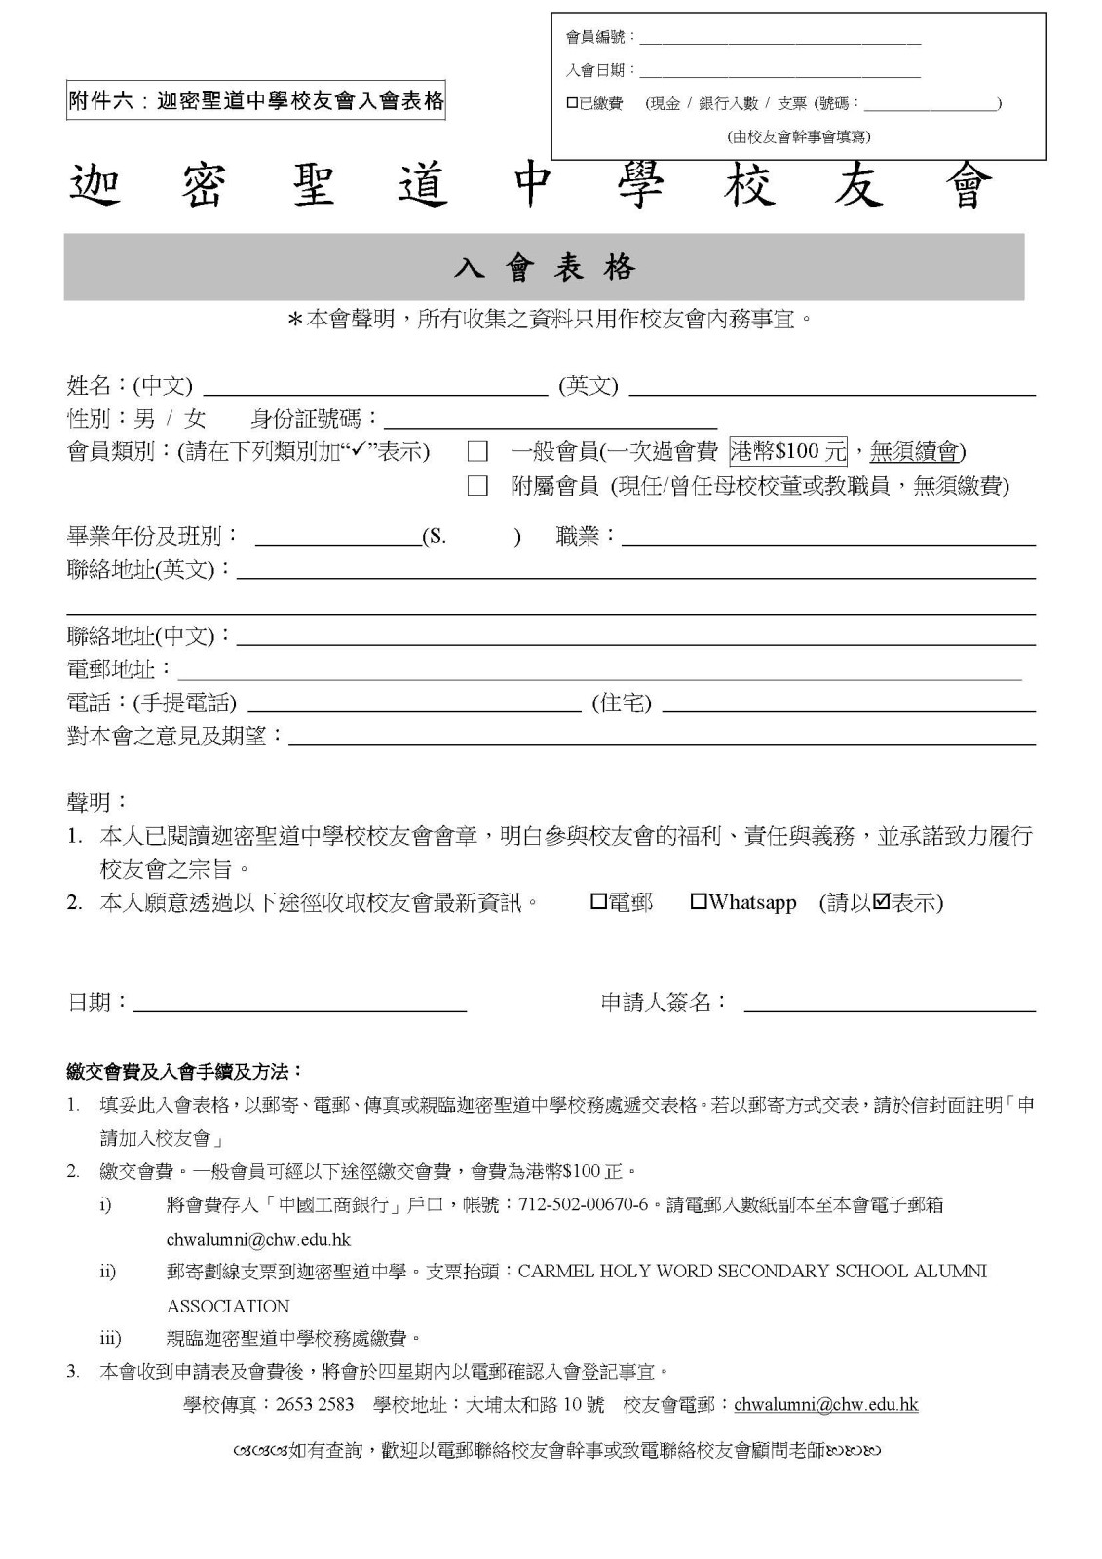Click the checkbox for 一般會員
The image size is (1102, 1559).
point(477,452)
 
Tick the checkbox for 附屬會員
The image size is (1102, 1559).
point(477,486)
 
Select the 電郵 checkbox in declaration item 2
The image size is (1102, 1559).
point(598,902)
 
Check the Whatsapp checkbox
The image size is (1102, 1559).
point(698,902)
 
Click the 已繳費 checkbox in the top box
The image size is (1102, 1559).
point(572,103)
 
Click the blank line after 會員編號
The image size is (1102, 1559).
point(779,40)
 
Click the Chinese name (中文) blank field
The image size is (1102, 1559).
point(374,388)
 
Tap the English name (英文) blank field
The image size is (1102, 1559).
point(832,388)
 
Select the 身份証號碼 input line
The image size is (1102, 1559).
point(551,421)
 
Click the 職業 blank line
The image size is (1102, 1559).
point(828,538)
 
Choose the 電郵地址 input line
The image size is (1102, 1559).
point(599,671)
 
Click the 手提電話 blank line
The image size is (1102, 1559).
point(414,704)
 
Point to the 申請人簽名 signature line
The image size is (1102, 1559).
point(890,1004)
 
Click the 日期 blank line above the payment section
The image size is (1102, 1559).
point(300,1004)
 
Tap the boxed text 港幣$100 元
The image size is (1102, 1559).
point(788,451)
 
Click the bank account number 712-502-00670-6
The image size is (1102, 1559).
point(584,1205)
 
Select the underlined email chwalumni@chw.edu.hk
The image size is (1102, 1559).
point(825,1405)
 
